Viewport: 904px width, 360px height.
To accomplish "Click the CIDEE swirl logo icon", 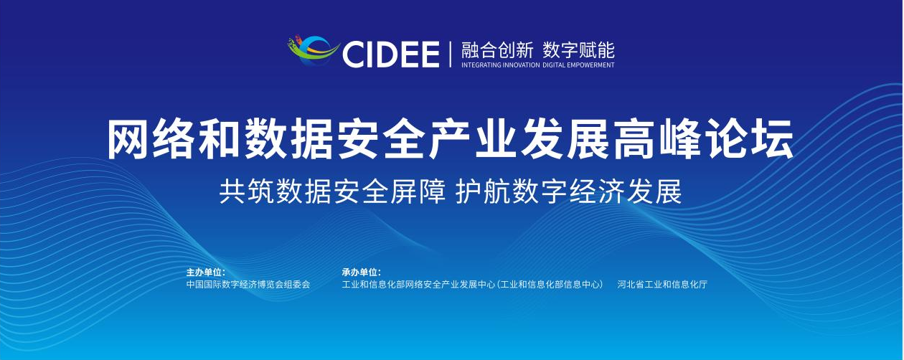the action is point(313,51).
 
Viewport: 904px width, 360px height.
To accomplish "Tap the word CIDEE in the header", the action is point(390,55).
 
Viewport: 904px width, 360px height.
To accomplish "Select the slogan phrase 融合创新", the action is point(497,50).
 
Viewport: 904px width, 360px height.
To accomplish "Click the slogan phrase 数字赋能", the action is point(578,50).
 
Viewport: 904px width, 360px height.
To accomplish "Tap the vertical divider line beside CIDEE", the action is point(451,54).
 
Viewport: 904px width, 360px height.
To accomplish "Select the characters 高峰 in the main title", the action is point(658,139).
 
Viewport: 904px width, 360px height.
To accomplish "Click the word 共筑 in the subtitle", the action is point(246,191).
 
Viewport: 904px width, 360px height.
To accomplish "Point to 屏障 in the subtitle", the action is point(418,191).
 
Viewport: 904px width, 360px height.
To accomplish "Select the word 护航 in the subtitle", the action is point(483,191).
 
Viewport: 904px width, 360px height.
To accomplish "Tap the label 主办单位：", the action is point(205,272).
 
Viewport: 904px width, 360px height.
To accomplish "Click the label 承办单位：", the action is point(361,272).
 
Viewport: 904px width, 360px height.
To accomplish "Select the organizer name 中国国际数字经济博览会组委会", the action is point(248,285).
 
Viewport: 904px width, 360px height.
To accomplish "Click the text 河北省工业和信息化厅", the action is point(662,285).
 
